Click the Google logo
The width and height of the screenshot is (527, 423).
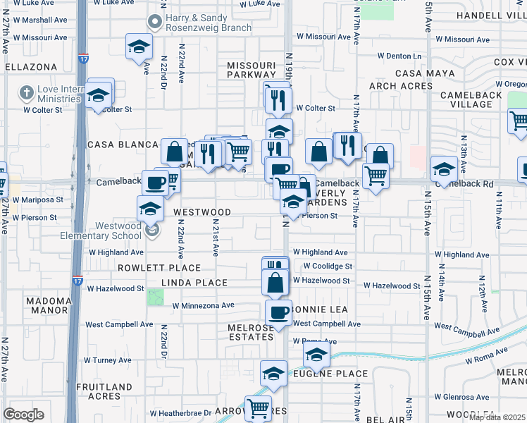click(x=23, y=415)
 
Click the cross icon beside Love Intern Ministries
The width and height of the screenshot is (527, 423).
click(x=26, y=92)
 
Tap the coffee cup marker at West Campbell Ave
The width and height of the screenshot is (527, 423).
click(x=279, y=312)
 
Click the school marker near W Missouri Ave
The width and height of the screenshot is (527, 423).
click(x=139, y=47)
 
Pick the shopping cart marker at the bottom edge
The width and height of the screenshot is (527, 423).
click(x=259, y=407)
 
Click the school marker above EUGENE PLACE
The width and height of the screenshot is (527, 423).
click(x=316, y=355)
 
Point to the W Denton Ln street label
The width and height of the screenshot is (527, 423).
click(x=399, y=56)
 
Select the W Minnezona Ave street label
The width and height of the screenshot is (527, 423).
click(x=203, y=306)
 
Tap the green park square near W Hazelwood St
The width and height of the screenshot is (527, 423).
click(x=155, y=296)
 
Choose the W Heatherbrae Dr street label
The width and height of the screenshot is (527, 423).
click(x=180, y=412)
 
